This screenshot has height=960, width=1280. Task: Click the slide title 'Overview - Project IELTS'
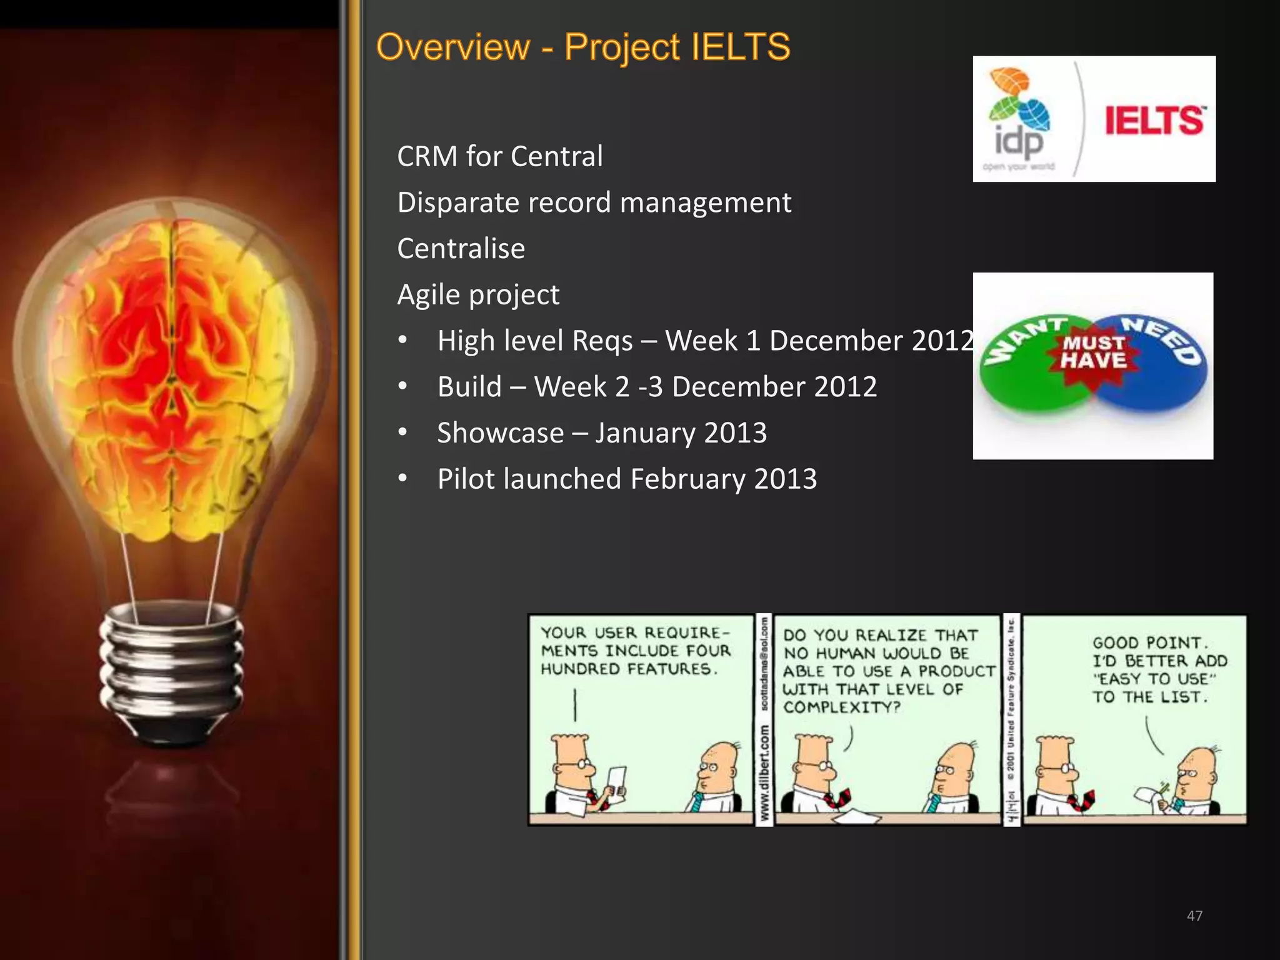point(583,47)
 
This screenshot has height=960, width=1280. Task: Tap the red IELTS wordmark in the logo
point(1154,121)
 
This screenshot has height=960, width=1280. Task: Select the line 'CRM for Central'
point(500,156)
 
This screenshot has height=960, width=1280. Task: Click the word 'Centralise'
point(461,249)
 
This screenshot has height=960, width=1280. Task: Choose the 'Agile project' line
point(478,295)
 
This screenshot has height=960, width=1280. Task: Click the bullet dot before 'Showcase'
point(403,432)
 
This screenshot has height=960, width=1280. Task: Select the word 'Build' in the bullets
point(469,387)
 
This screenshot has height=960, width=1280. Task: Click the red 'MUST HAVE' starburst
point(1094,352)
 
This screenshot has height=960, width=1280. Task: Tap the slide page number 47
point(1194,916)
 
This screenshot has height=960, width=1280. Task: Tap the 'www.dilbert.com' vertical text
point(764,775)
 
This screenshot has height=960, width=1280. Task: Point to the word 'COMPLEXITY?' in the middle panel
point(842,707)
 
